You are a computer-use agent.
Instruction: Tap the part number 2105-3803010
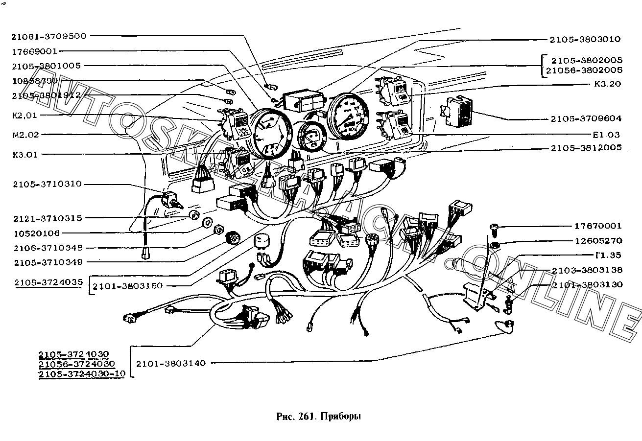[x=585, y=39]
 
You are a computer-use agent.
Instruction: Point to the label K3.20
[x=607, y=84]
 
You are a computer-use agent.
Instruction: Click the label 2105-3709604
[x=585, y=118]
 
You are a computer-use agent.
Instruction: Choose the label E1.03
[x=606, y=134]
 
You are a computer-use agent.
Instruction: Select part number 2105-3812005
[x=585, y=147]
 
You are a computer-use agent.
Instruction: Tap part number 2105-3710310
[x=48, y=184]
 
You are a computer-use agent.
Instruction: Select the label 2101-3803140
[x=171, y=363]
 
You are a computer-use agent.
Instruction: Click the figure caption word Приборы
[x=341, y=417]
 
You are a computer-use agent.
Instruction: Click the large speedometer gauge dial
[x=351, y=116]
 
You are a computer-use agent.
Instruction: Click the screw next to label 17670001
[x=494, y=227]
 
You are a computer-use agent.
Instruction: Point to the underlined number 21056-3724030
[x=76, y=364]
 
